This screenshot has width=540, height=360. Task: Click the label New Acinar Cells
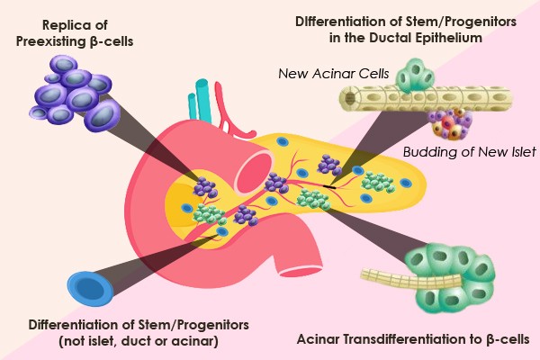point(333,74)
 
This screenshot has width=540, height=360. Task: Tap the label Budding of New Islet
point(470,152)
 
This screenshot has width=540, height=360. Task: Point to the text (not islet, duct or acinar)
point(139,341)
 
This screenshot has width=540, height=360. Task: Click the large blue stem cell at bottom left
point(90,288)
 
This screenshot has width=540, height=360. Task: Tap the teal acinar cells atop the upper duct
point(415,76)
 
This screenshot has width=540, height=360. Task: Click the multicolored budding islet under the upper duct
point(450,123)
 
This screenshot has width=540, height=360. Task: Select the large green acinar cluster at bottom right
point(452,277)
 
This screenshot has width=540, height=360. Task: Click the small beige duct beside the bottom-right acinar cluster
point(411,278)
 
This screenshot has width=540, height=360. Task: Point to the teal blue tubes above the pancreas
point(200,101)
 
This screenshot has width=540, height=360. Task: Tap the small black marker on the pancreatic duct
point(329,186)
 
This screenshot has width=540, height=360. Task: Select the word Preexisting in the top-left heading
point(49,41)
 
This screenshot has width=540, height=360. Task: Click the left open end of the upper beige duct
point(348,99)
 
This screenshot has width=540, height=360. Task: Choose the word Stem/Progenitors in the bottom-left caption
point(193,325)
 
